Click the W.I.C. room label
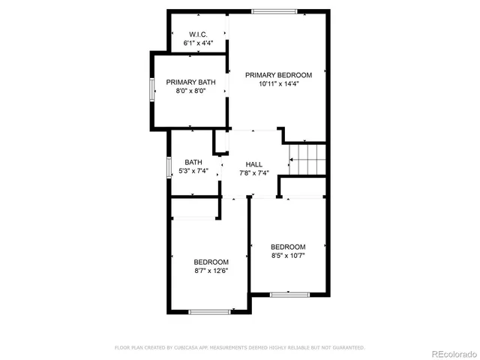coord(199,34)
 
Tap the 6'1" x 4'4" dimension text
coord(199,43)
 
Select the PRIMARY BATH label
coord(190,82)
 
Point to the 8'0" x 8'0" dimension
coord(190,91)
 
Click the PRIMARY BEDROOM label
coord(278,75)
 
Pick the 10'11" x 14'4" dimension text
coord(278,84)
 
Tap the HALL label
coord(254,163)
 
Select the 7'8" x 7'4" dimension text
coord(254,172)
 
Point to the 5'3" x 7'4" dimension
coord(193,172)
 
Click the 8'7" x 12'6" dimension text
coord(211,271)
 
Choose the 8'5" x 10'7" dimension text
coord(288,256)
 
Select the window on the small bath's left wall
coord(169,166)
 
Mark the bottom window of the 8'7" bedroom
coord(210,311)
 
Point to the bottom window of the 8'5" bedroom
coord(289,294)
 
